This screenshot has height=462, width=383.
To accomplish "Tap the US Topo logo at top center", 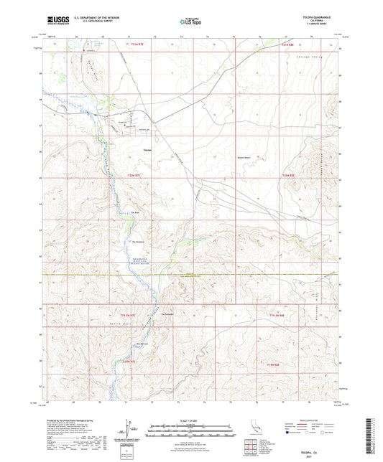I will coord(190,22).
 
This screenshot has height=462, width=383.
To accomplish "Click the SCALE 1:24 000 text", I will coord(190,420).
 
